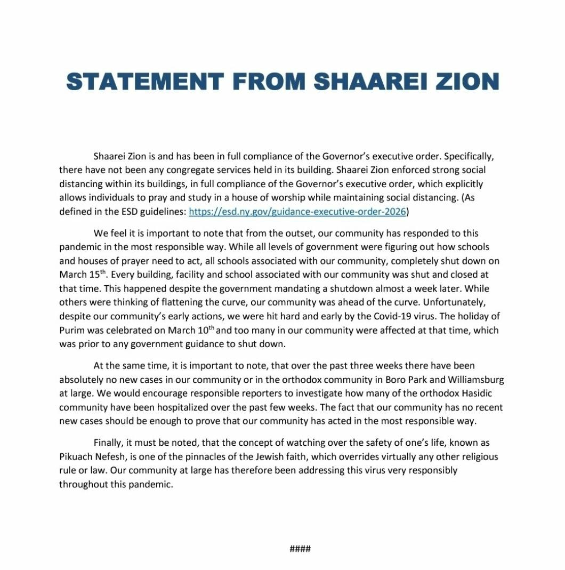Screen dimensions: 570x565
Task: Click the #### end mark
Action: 300,549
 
